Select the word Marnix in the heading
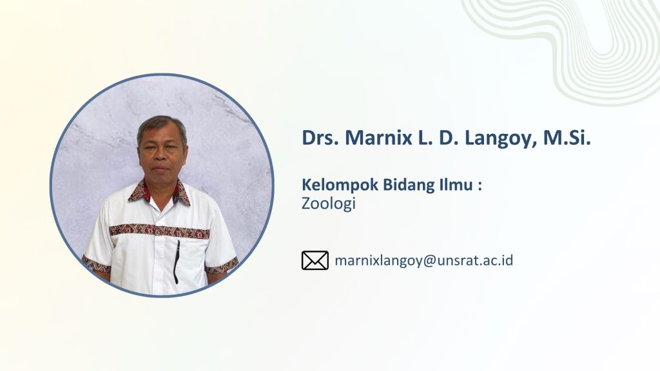378,137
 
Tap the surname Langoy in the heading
500,139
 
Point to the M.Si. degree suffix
567,137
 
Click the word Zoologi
329,204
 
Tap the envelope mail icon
315,260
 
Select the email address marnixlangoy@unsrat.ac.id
424,261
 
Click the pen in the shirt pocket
177,262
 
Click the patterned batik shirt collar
160,192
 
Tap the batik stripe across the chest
160,231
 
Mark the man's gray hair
161,126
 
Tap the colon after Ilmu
480,186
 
